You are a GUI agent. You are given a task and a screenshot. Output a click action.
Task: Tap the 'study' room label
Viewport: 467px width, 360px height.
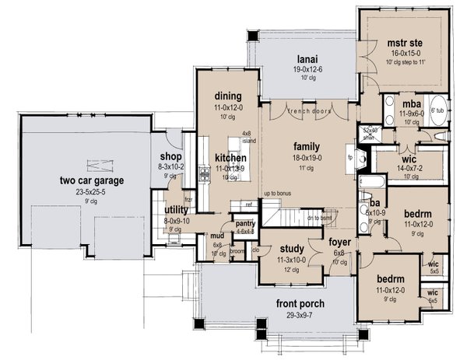290,250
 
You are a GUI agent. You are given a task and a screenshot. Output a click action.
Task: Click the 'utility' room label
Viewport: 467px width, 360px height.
177,211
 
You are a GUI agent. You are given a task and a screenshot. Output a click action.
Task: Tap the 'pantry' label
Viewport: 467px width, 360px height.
245,223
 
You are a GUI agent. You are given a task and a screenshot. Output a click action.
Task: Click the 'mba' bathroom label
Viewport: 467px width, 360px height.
408,102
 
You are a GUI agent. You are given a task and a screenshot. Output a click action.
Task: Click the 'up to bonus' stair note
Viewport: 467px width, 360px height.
263,192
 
